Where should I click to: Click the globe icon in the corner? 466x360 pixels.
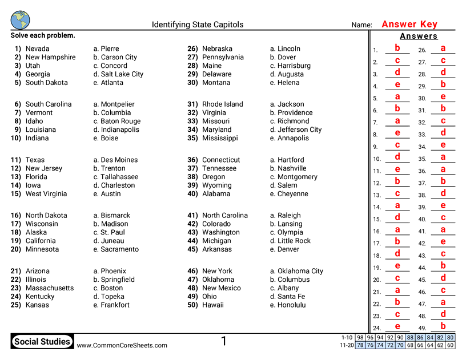(x=20, y=19)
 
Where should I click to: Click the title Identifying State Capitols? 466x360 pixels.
(x=197, y=25)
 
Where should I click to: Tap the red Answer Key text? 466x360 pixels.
(x=409, y=24)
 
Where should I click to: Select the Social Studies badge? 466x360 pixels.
(x=42, y=342)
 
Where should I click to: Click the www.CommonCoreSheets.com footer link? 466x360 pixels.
(x=122, y=345)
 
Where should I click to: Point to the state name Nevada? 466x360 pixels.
(x=38, y=49)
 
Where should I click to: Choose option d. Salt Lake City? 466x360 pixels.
(x=118, y=74)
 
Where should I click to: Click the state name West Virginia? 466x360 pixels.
(x=46, y=194)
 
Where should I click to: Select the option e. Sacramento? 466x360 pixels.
(x=116, y=249)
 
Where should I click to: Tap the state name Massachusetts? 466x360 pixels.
(x=50, y=288)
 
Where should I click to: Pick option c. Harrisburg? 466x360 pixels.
(x=290, y=66)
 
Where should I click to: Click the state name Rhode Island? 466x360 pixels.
(x=223, y=104)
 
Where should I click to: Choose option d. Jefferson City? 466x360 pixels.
(x=296, y=130)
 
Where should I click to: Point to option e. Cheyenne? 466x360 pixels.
(x=289, y=194)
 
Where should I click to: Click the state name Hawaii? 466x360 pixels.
(x=214, y=305)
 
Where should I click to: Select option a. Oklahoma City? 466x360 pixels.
(x=296, y=272)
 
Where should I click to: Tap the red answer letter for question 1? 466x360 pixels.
(x=397, y=48)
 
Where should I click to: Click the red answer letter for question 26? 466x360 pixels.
(x=443, y=48)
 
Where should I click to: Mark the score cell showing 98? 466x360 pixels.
(x=360, y=338)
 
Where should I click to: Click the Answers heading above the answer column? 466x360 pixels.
(x=419, y=37)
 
